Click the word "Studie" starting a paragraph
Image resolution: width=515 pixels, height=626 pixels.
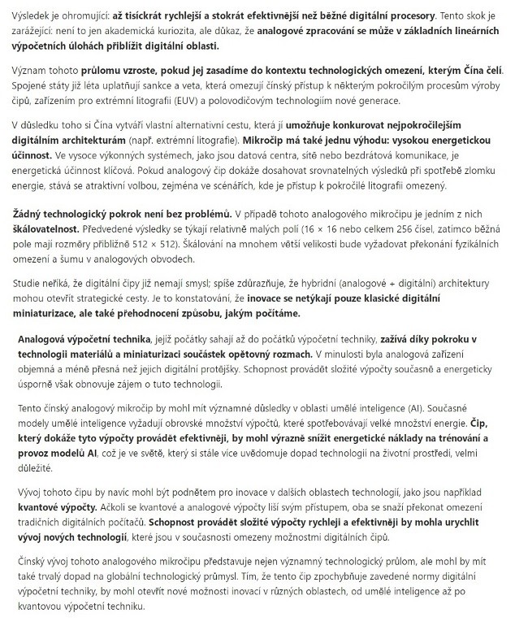click(30, 285)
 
